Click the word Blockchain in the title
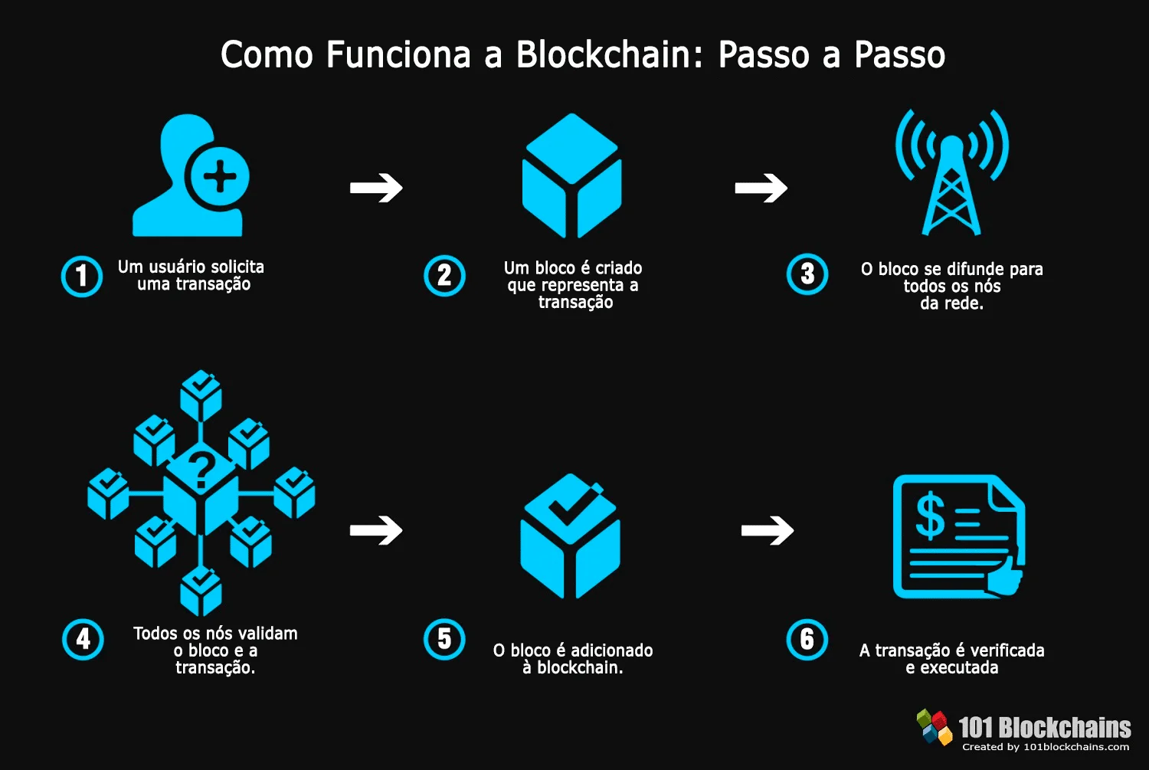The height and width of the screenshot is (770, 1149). tap(604, 55)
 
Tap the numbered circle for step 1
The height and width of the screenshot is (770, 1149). tap(82, 276)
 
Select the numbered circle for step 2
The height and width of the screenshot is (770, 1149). tap(444, 276)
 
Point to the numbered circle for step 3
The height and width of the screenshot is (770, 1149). tap(807, 274)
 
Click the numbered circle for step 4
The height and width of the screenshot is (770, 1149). tap(83, 639)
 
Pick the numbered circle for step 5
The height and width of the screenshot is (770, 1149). tap(444, 639)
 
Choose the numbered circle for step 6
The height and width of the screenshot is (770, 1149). tap(807, 639)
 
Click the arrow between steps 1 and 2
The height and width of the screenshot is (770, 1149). tap(376, 188)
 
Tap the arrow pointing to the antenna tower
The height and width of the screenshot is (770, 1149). tap(761, 188)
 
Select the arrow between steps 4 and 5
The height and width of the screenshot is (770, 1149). tap(376, 530)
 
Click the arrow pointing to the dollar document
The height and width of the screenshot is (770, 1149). tap(768, 530)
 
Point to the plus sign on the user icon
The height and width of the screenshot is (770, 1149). tap(220, 177)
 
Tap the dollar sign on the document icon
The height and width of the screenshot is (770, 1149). tap(930, 516)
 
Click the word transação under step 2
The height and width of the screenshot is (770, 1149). tap(575, 303)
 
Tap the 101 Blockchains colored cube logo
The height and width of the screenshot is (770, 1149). tap(935, 726)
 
